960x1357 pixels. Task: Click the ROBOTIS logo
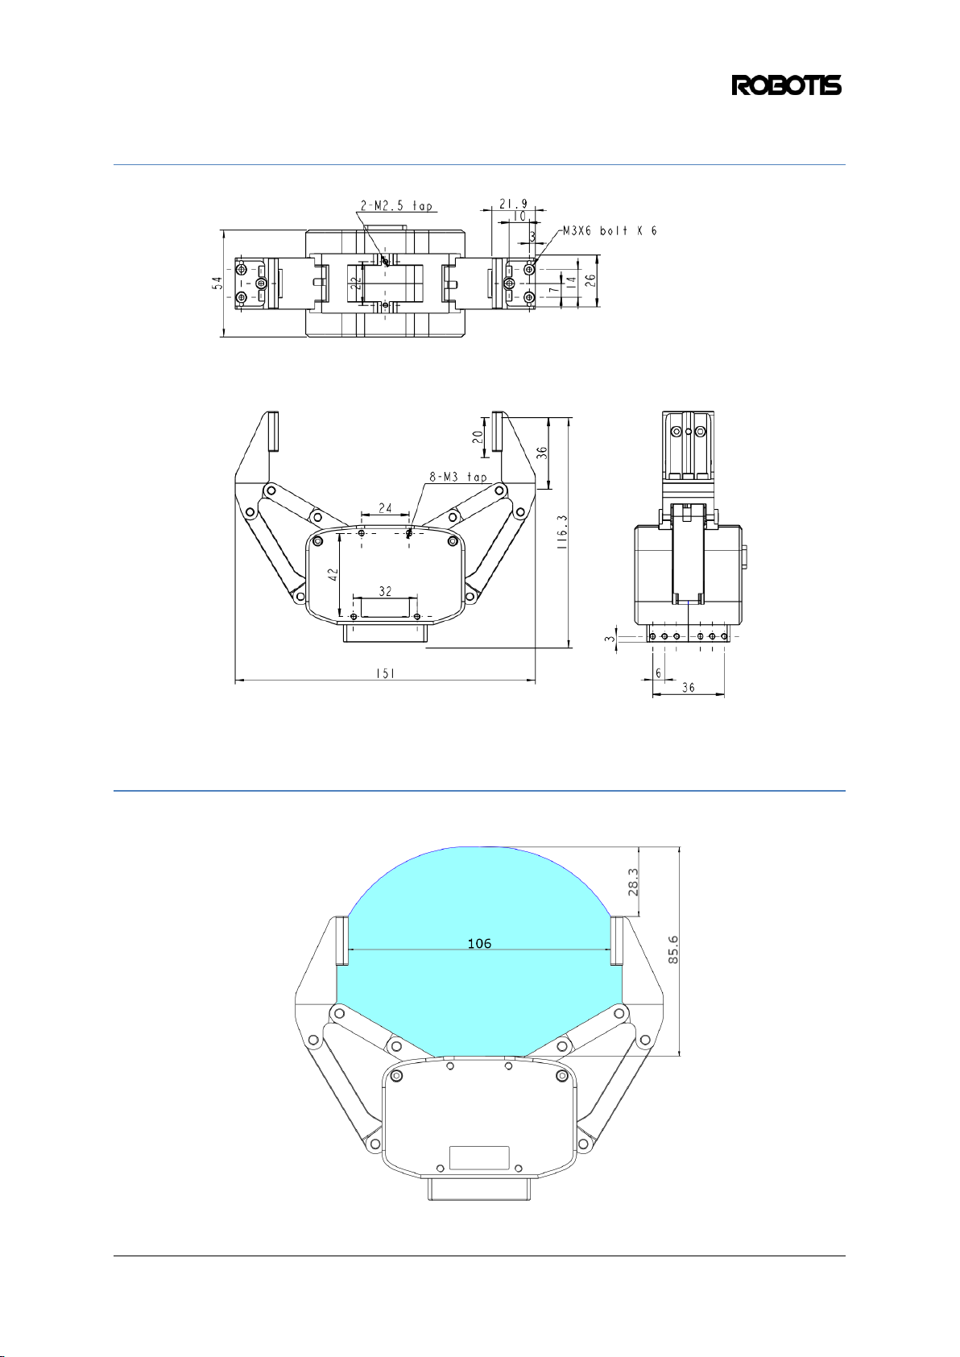click(786, 85)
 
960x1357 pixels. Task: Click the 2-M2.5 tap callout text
click(397, 206)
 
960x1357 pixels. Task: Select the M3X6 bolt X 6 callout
click(610, 231)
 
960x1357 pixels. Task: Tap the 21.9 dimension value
click(513, 203)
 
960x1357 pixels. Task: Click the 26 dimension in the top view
click(590, 281)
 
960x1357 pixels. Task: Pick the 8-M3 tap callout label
click(458, 477)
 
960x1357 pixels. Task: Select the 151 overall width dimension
click(385, 672)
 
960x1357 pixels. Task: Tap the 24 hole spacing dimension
click(385, 507)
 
